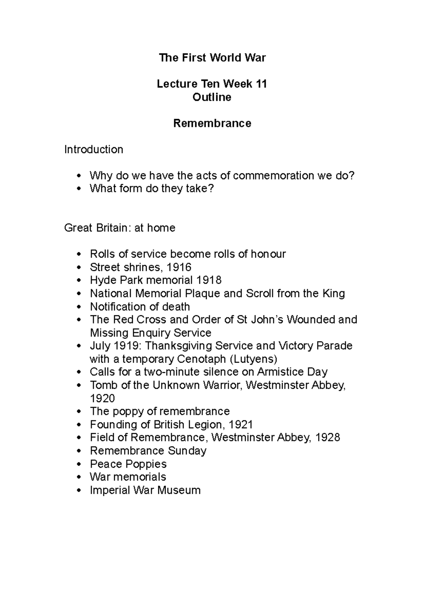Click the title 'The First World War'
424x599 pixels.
[212, 58]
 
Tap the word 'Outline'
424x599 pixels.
[212, 97]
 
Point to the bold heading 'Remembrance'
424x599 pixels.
[212, 123]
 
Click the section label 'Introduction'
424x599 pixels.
[94, 149]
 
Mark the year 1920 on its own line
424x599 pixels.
[102, 399]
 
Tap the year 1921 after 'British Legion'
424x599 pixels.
[241, 424]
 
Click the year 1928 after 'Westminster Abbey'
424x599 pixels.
[328, 437]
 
